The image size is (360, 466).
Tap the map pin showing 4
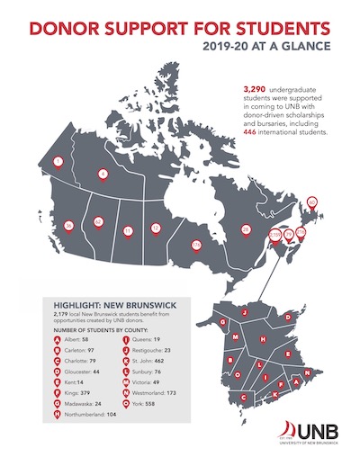pos(103,174)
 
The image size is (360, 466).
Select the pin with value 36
pos(67,225)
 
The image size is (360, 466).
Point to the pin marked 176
pos(195,243)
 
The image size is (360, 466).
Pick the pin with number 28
pos(246,229)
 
